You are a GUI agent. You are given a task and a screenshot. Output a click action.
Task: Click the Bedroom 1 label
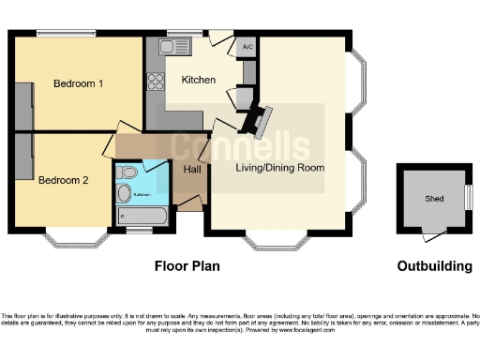click(x=78, y=83)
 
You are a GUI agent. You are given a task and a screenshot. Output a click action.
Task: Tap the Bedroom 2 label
click(x=64, y=181)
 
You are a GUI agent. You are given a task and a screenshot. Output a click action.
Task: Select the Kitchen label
click(x=199, y=81)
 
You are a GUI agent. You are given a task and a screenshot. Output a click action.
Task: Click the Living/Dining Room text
click(x=279, y=169)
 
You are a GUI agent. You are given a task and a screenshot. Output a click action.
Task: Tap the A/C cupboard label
click(x=247, y=46)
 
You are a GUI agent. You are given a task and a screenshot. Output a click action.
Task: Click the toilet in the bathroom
click(x=125, y=194)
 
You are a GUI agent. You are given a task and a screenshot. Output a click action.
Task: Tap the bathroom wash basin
click(x=122, y=172)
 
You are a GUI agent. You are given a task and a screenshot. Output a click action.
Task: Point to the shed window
click(x=468, y=198)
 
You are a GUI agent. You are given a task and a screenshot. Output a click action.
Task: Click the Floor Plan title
click(x=187, y=266)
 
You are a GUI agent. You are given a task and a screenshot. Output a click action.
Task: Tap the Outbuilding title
click(x=434, y=266)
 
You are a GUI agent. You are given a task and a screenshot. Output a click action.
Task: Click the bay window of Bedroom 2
click(x=78, y=242)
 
